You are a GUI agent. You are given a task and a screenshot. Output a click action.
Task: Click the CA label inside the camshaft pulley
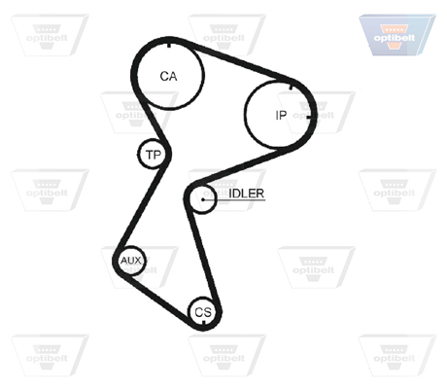168,76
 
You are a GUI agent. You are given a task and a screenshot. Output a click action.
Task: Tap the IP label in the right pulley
281,115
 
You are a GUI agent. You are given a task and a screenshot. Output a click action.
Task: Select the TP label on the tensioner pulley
154,155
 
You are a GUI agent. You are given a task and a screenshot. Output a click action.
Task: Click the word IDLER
247,194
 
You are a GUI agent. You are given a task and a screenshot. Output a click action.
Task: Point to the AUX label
131,261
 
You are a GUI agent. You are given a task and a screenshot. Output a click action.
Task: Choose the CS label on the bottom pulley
203,312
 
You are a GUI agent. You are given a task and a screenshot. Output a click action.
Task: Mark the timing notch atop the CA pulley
169,45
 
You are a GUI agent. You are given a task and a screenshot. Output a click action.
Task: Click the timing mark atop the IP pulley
291,87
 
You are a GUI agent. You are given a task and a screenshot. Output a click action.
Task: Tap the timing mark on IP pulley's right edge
311,117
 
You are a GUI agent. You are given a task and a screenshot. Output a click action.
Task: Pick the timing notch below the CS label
203,323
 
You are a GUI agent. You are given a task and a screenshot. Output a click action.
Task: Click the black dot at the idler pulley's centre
203,199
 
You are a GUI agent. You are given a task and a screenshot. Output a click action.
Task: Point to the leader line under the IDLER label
234,199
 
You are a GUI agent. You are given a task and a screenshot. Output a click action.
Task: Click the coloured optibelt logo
397,35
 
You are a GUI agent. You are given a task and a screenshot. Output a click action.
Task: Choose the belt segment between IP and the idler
240,166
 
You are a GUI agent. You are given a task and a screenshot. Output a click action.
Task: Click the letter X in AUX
138,261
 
